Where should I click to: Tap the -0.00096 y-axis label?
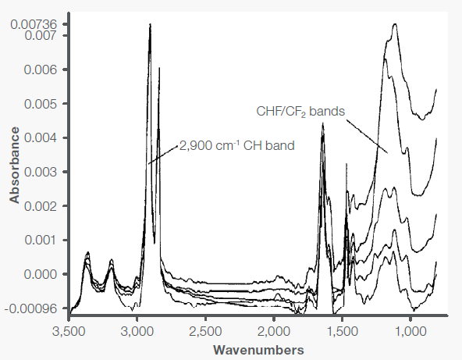tap(34, 308)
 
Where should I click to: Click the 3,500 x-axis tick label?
tap(69, 330)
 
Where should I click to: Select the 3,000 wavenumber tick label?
tap(137, 330)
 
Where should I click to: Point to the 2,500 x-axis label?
tap(204, 330)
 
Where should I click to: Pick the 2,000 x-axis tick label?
tap(272, 330)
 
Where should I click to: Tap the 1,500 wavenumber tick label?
tap(341, 330)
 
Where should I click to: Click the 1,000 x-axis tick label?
tap(409, 330)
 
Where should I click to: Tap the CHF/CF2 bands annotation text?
tap(300, 111)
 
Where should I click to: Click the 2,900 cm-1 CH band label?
tap(237, 145)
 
